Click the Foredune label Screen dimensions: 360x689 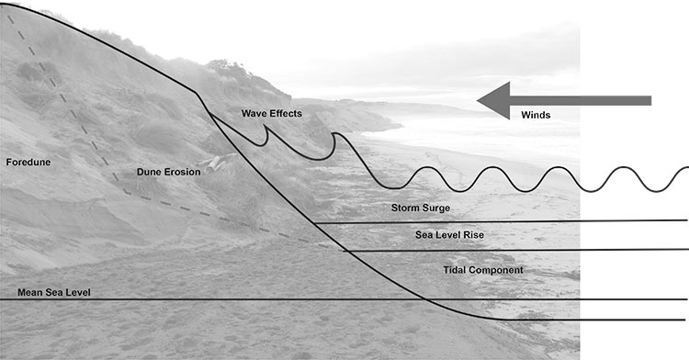28,163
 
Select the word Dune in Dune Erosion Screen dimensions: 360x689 147,173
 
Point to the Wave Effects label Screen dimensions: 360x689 271,113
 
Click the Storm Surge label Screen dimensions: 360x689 420,208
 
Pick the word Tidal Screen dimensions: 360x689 456,270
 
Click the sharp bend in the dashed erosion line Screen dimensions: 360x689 127,192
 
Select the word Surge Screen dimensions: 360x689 435,208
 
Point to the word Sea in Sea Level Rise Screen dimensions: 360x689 424,235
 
